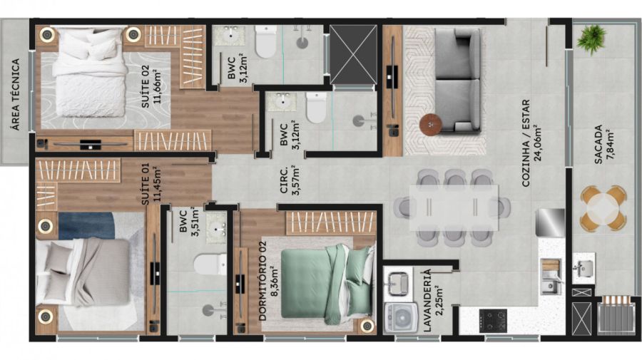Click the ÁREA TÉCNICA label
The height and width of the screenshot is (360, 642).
coord(16,95)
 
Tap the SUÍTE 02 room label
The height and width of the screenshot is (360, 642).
coord(146,87)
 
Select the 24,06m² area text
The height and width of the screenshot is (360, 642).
coord(538,143)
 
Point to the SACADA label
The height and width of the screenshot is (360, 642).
coord(598,145)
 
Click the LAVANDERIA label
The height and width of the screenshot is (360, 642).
coord(427,299)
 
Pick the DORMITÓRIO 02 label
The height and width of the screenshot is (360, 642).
coord(263,281)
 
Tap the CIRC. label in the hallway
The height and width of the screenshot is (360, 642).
coord(283,181)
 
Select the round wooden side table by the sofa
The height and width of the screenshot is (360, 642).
coord(431,123)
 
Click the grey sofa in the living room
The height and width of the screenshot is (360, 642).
coord(457,81)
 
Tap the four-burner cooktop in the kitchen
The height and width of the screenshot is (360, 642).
coord(493,321)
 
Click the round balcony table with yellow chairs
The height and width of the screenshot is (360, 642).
coord(603,207)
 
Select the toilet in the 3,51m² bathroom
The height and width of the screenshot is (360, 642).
coord(210,264)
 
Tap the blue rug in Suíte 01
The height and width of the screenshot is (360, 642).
coord(86,225)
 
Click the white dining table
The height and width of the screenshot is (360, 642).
coord(454,207)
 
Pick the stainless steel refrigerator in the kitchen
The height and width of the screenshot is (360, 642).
coord(550,222)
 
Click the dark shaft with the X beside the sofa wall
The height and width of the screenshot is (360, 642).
coord(353,53)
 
